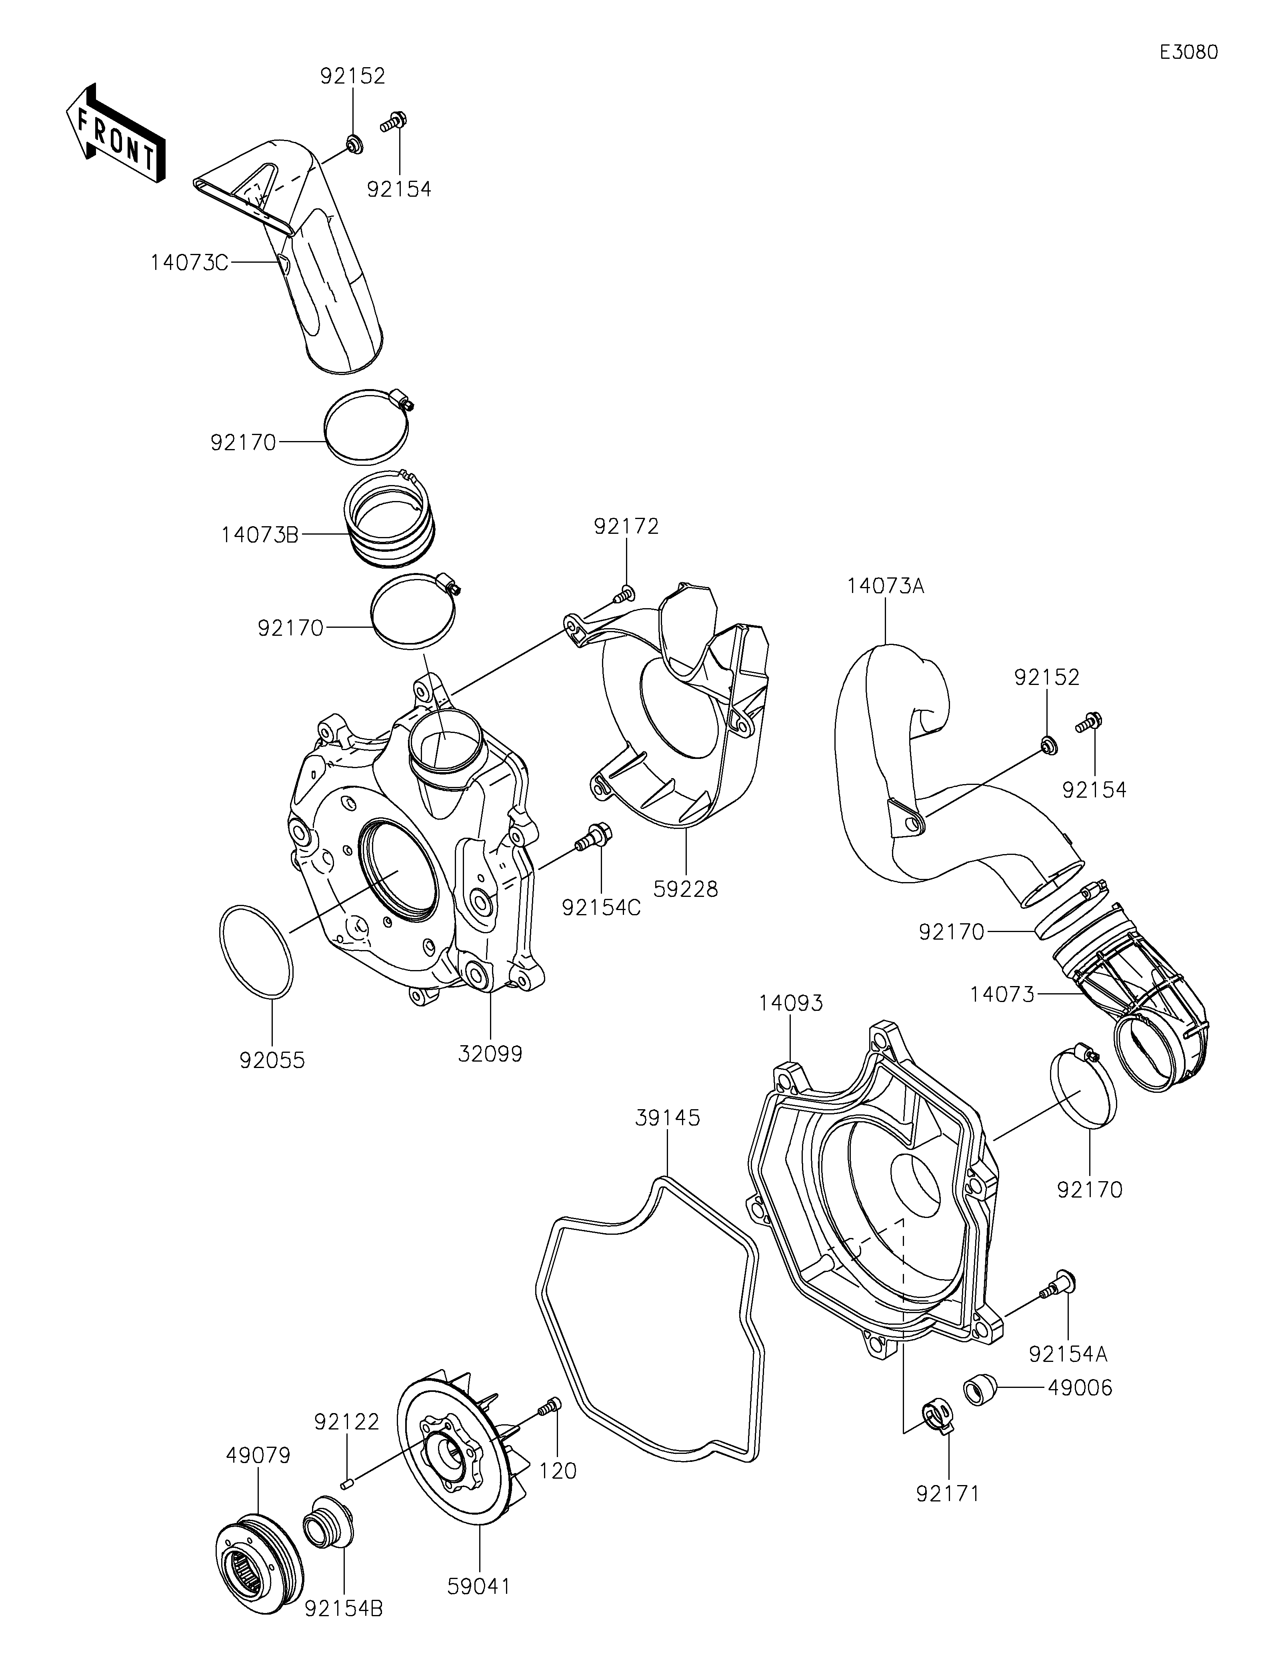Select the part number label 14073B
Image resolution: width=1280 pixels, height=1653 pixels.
point(260,535)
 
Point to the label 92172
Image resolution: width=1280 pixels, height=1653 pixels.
point(626,526)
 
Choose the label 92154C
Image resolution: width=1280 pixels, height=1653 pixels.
point(601,908)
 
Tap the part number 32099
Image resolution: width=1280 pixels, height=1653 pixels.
point(490,1053)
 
